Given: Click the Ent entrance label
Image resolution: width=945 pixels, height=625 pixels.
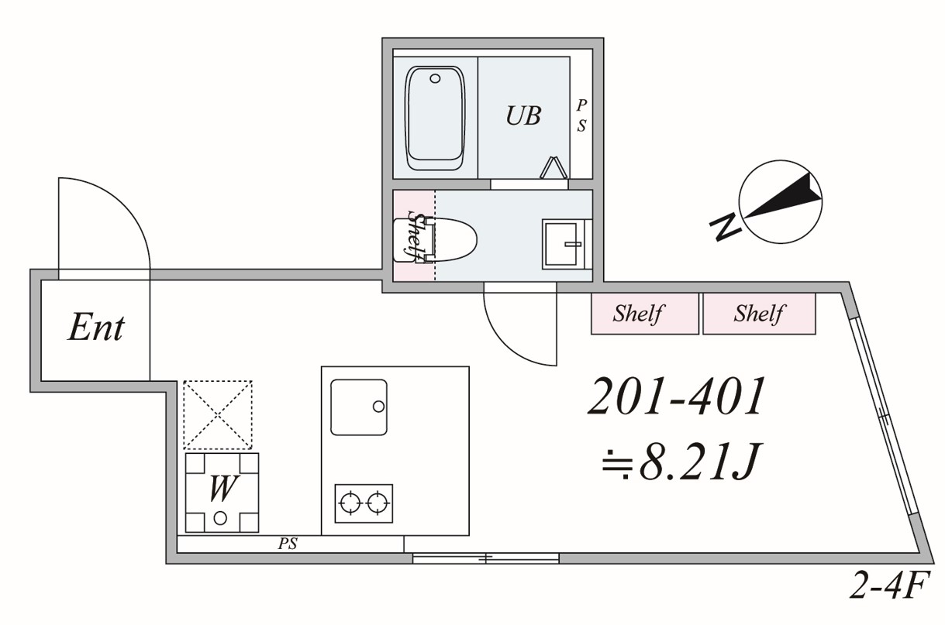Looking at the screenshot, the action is pos(95,328).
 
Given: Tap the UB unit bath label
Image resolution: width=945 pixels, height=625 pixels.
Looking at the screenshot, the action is pos(523,116).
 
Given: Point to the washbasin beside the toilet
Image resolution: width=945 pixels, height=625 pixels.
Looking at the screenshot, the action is pos(564,243).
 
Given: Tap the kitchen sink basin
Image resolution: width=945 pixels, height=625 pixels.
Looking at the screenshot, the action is pos(358,407).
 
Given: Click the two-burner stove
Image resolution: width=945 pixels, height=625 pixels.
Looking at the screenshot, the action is pos(364,503).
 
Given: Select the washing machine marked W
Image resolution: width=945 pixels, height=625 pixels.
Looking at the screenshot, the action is pos(222,493).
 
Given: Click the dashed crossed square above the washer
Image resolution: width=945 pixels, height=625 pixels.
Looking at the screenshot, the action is pos(218,414).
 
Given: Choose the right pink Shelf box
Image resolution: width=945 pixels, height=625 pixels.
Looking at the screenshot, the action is pos(759,314).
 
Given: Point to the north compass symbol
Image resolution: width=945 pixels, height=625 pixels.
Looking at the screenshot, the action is pos(778,198).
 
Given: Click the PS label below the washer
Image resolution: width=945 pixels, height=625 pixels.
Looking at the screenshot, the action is pos(288,544).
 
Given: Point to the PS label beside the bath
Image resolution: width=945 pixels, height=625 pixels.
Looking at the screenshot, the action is pos(581,116).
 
